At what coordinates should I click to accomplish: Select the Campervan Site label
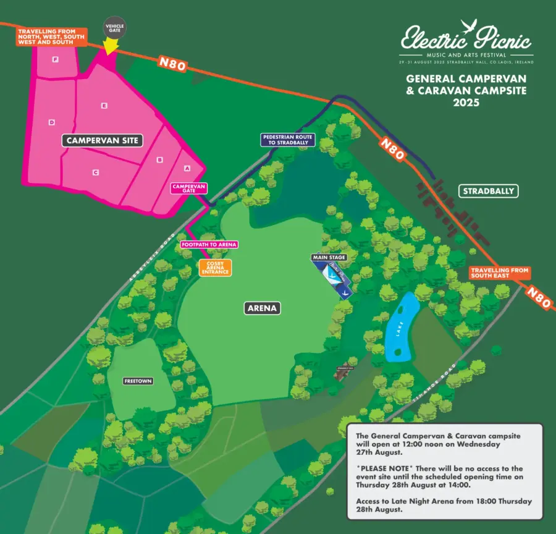[x=103, y=141]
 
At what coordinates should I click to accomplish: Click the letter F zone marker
[x=56, y=59]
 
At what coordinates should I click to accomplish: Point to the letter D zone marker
[x=51, y=122]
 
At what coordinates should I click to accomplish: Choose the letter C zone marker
[x=95, y=172]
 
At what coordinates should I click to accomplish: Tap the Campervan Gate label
[x=188, y=189]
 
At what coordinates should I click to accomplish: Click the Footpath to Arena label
[x=209, y=245]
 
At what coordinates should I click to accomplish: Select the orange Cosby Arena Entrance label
[x=214, y=268]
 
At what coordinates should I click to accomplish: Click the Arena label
[x=263, y=307]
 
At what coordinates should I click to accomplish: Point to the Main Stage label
[x=329, y=257]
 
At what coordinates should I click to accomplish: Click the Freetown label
[x=137, y=381]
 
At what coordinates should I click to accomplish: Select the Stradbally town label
[x=488, y=191]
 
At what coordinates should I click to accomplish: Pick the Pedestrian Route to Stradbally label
[x=288, y=139]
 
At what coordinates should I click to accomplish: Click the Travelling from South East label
[x=499, y=273]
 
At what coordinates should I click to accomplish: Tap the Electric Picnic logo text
[x=466, y=40]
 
